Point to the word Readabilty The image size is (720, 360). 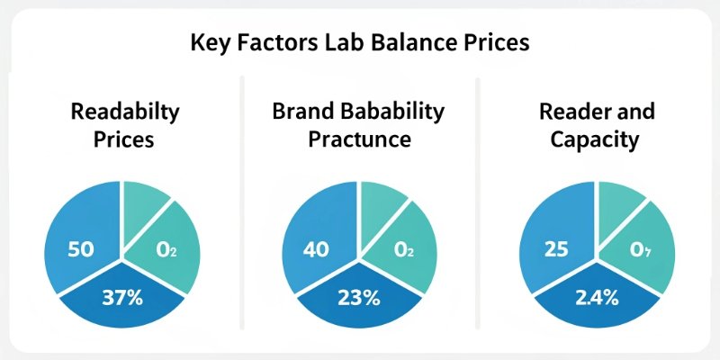coord(125,112)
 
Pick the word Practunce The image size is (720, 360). coord(359,140)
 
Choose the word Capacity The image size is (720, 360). coord(597,140)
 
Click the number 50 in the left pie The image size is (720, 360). coord(81,249)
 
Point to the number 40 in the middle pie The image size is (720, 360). coord(318,249)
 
